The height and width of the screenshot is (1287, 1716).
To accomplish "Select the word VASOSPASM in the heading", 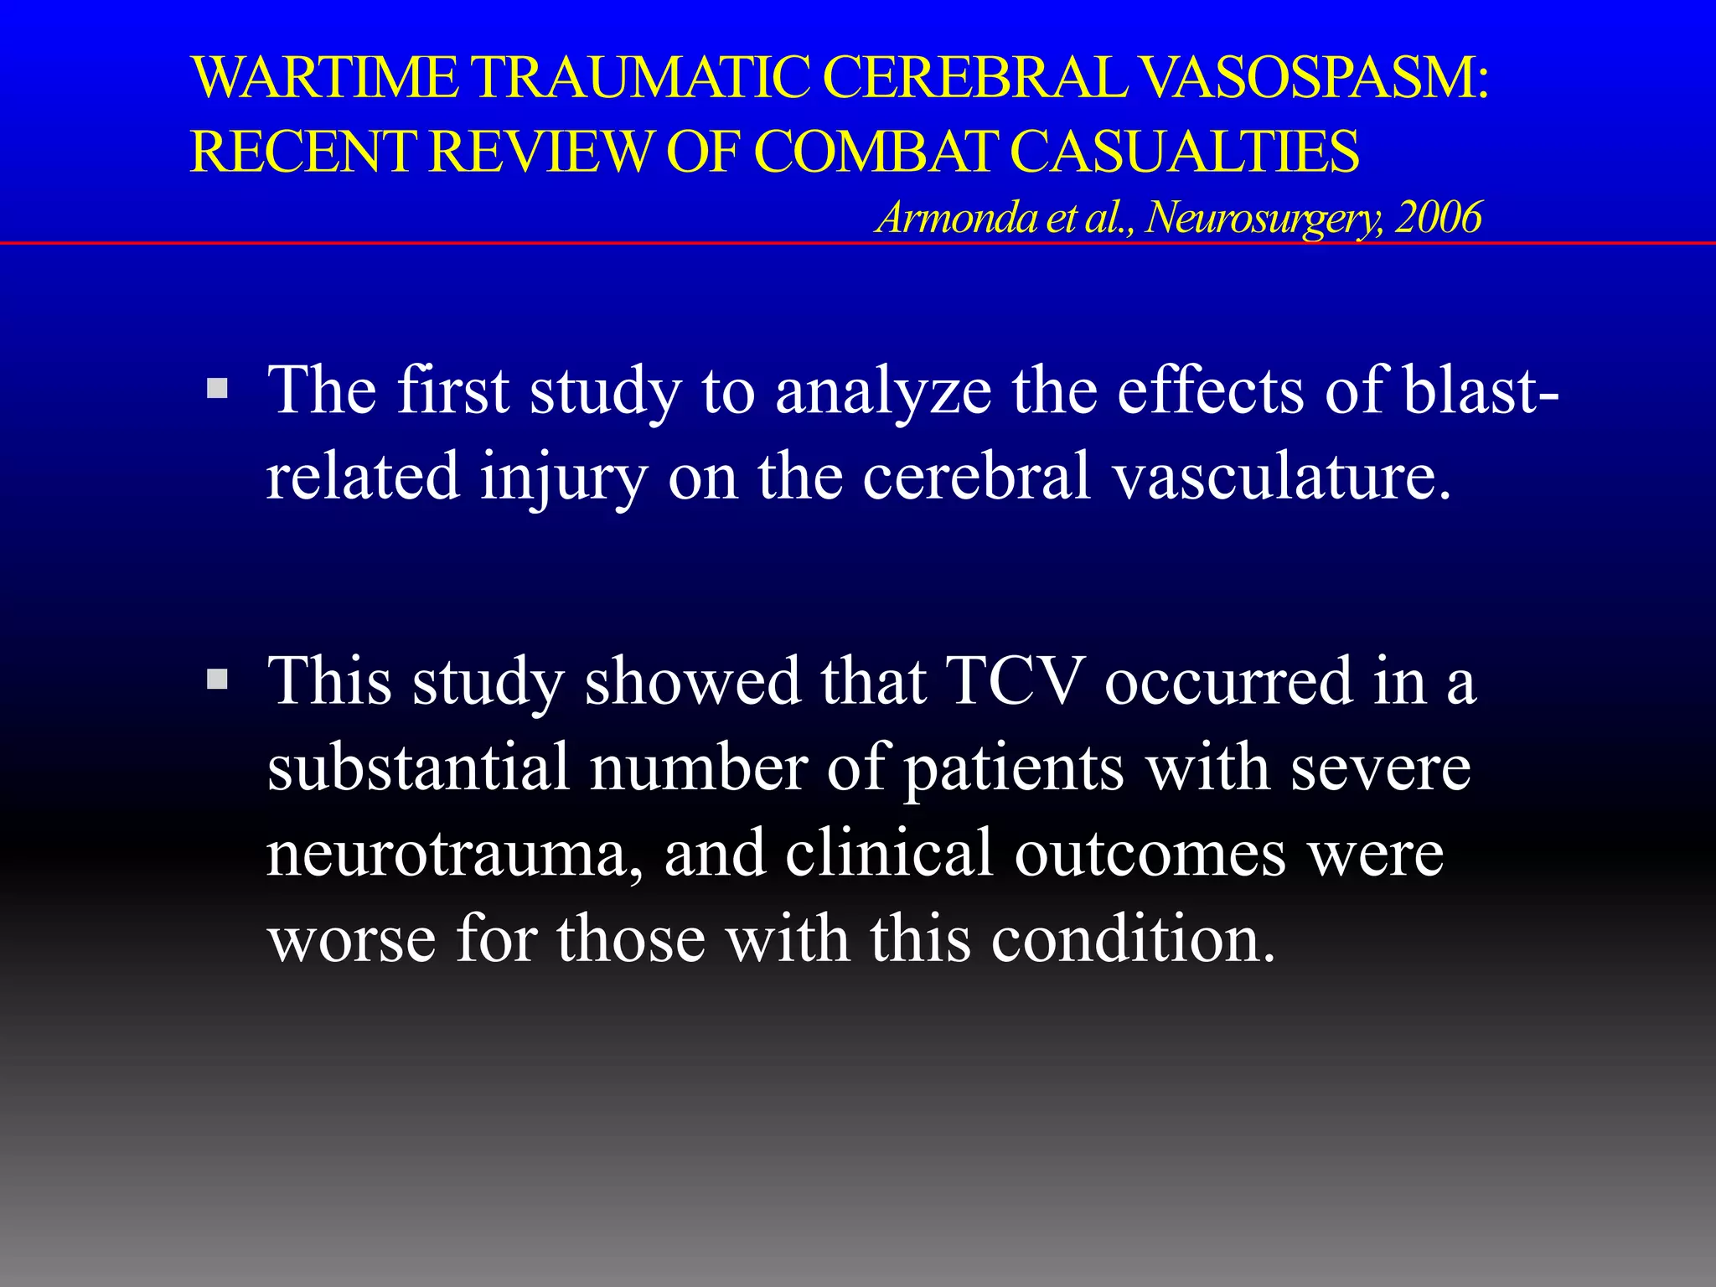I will click(1315, 77).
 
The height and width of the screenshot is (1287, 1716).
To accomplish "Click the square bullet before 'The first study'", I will click(217, 388).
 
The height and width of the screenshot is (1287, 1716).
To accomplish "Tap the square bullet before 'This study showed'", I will click(217, 678).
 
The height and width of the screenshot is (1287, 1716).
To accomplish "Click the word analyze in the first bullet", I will click(883, 391).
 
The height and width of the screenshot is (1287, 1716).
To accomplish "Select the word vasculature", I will click(1281, 476).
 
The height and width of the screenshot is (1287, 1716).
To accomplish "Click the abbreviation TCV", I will click(1015, 680).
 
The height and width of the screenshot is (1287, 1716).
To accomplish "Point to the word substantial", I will click(418, 767).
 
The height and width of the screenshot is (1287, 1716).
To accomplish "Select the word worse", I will click(352, 939).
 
